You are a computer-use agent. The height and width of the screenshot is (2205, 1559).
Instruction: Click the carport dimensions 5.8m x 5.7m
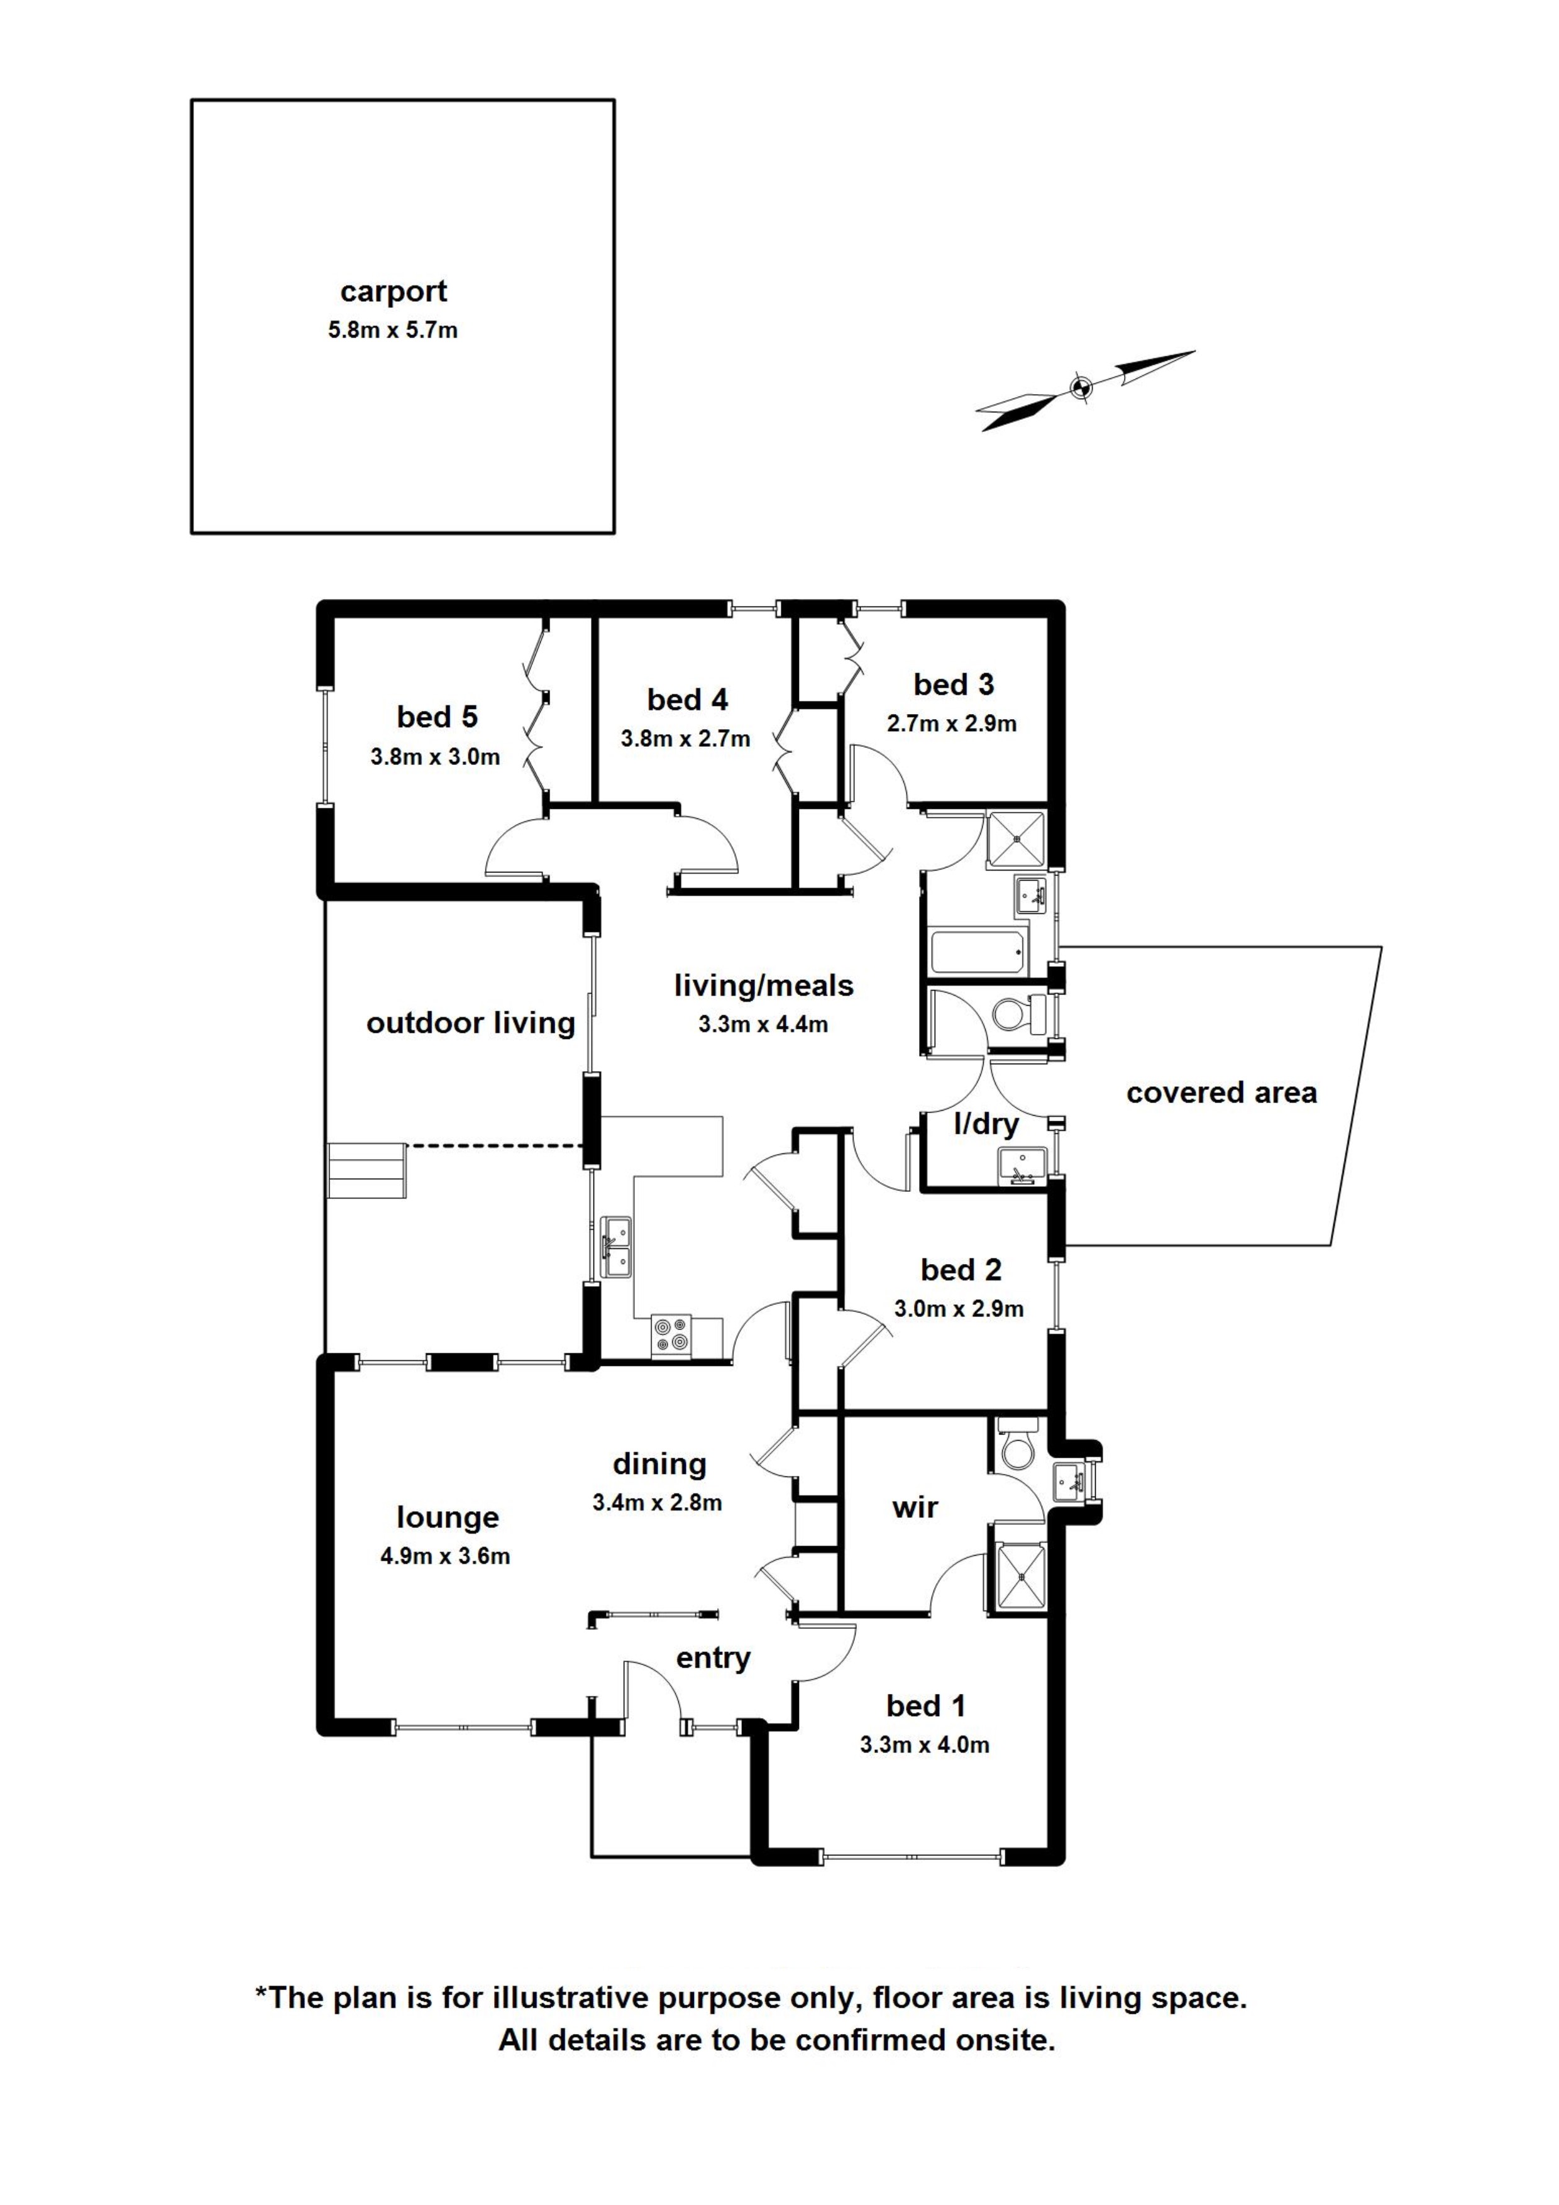click(393, 331)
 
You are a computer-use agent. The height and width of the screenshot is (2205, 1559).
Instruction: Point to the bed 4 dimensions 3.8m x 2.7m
click(686, 739)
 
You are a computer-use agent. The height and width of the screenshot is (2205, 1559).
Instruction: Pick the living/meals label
click(764, 986)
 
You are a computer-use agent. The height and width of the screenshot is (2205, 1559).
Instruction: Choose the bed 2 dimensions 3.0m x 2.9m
click(959, 1308)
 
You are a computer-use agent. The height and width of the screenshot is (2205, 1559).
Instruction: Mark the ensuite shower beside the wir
click(1015, 1568)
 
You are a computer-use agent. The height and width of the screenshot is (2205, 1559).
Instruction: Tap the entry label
click(713, 1659)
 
